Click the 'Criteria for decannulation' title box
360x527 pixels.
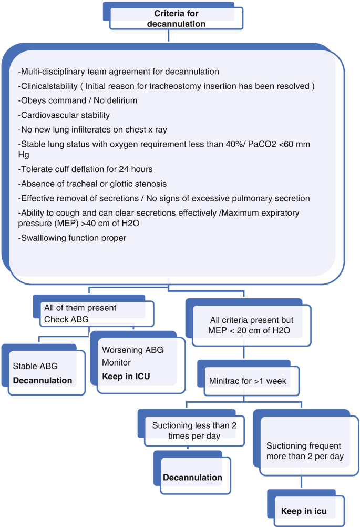tap(176, 18)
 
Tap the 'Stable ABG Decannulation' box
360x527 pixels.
tap(47, 373)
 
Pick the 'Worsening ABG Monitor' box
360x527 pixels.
tap(141, 363)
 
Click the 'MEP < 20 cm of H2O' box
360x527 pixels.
tap(252, 326)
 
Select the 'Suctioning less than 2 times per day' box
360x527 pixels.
tap(192, 430)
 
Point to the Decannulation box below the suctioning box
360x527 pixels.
tap(192, 477)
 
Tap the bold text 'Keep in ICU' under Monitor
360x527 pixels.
tap(126, 376)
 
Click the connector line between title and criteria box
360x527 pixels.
tap(169, 36)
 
